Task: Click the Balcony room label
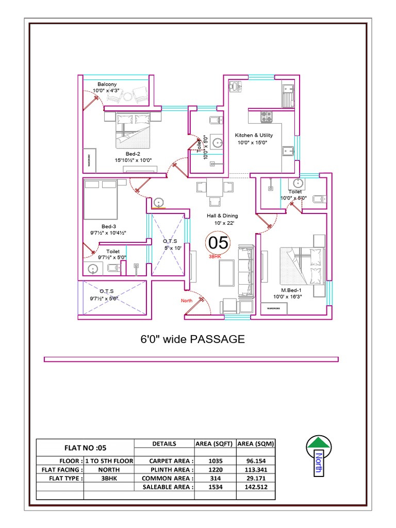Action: [x=107, y=84]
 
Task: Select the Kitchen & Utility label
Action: [x=255, y=136]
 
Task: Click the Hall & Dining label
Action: [x=223, y=216]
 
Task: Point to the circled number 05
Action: [x=218, y=242]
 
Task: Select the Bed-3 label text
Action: [x=109, y=226]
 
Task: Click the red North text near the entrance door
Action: [x=186, y=301]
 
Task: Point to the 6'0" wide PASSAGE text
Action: [x=192, y=339]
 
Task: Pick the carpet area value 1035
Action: [x=215, y=460]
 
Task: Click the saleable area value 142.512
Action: [x=256, y=487]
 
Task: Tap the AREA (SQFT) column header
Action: [x=215, y=443]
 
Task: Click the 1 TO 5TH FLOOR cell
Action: [x=109, y=460]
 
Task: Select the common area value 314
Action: [x=215, y=478]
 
